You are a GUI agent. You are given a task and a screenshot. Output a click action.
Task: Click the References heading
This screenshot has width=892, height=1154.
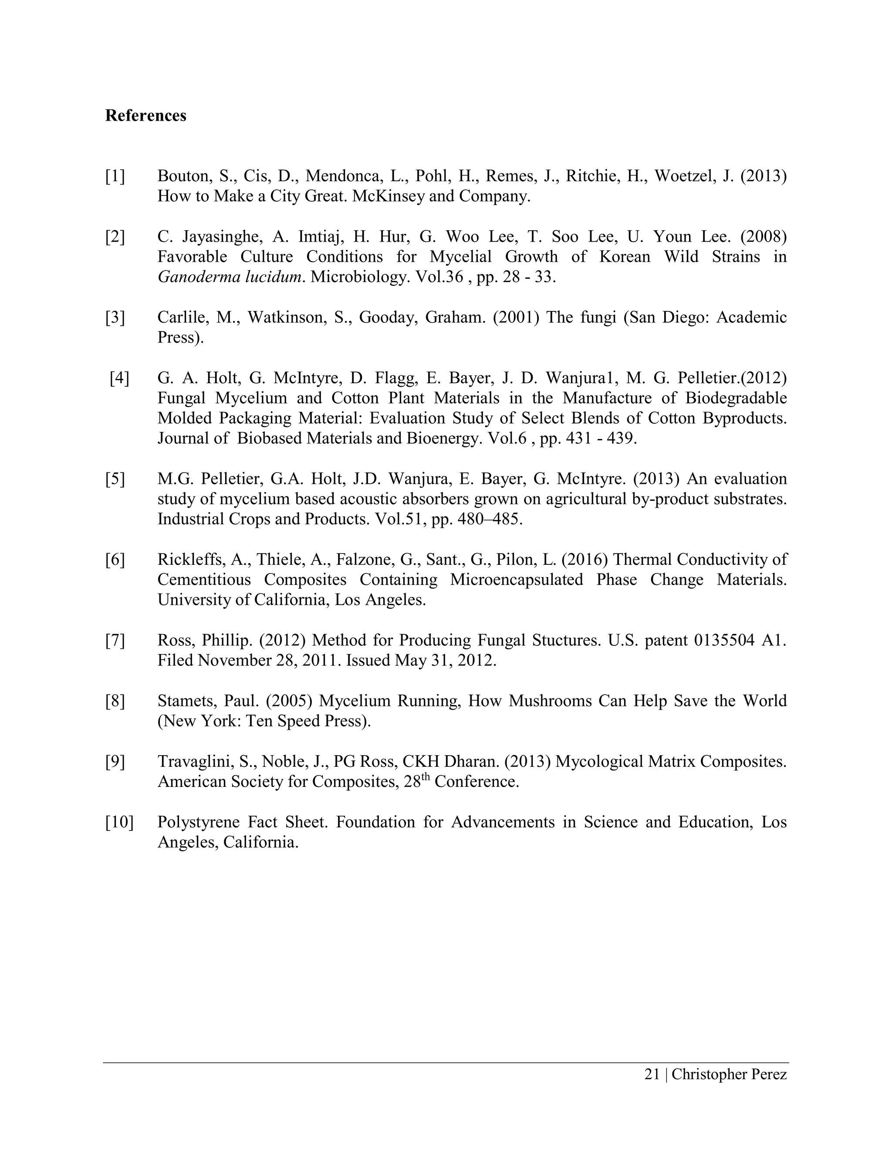(x=145, y=115)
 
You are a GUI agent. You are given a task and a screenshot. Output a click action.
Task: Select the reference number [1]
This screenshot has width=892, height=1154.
(x=115, y=176)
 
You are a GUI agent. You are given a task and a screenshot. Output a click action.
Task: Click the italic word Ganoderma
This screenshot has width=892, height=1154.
(x=198, y=277)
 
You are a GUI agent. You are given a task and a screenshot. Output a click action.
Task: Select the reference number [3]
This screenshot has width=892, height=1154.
(x=115, y=317)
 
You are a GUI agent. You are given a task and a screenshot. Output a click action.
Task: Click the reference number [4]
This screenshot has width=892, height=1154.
(x=119, y=378)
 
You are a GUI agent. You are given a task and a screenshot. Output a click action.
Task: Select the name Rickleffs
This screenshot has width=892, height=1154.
(x=191, y=559)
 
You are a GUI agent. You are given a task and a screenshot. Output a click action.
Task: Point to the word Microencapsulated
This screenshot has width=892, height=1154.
(x=516, y=580)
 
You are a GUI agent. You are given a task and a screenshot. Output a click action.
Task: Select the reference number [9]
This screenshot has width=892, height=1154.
(x=115, y=761)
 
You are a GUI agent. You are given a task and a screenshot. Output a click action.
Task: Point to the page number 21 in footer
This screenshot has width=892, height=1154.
(x=652, y=1074)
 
